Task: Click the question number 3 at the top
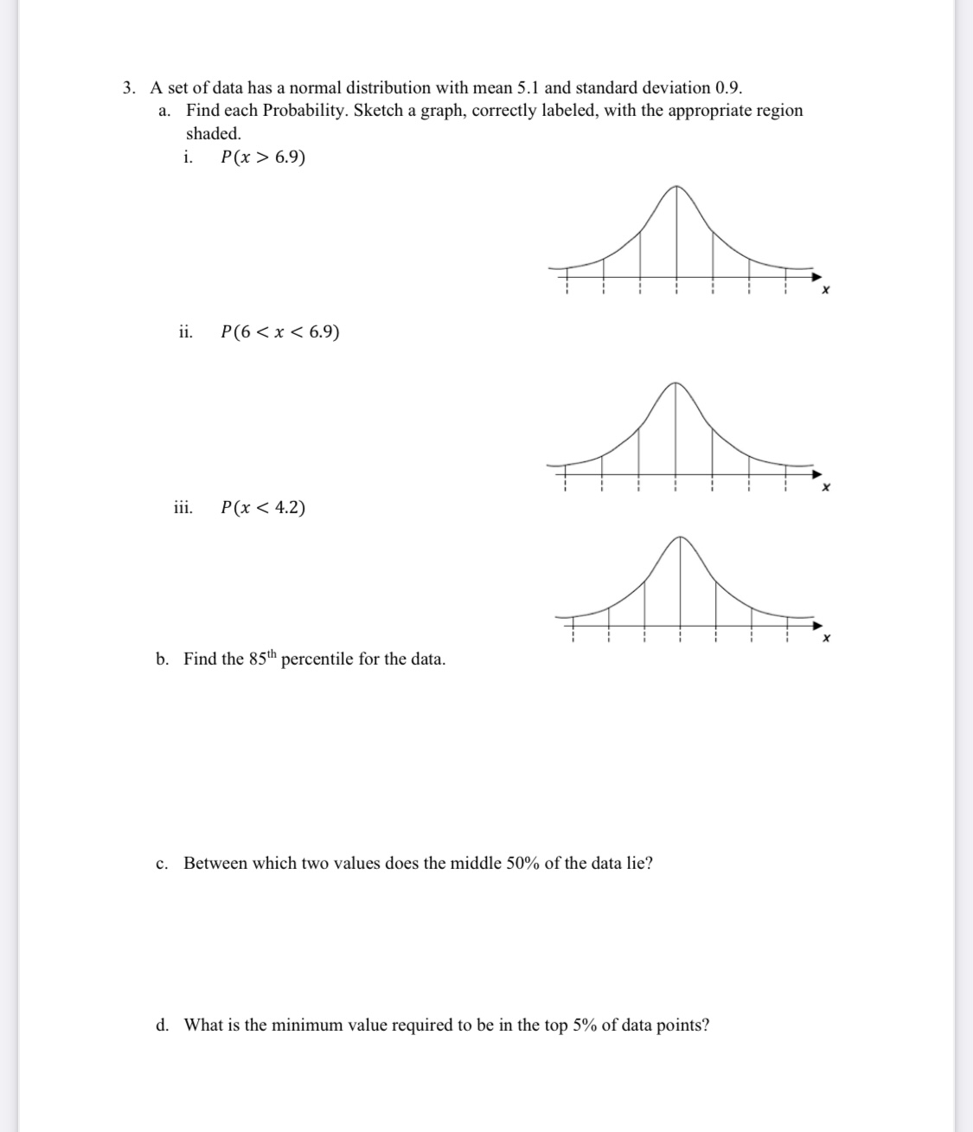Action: (x=128, y=88)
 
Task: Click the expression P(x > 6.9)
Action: (x=263, y=158)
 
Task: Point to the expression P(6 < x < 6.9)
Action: (x=280, y=332)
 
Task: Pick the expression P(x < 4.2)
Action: (x=263, y=508)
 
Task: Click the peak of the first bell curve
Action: (x=676, y=186)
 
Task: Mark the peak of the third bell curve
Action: (x=682, y=537)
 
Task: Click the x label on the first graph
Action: (x=825, y=291)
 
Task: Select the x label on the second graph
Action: (x=825, y=488)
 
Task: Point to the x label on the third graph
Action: (x=826, y=639)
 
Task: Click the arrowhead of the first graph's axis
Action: (x=816, y=276)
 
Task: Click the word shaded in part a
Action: (x=213, y=134)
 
